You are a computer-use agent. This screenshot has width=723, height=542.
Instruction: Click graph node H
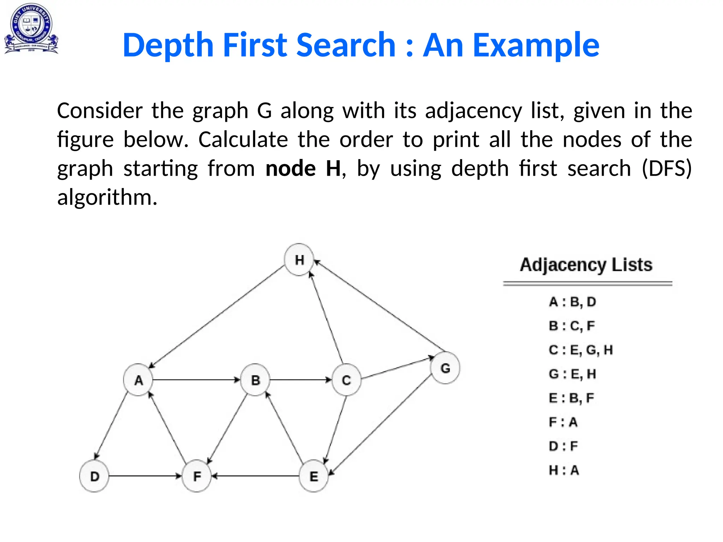(299, 260)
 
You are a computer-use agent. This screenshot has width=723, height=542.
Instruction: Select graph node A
(138, 380)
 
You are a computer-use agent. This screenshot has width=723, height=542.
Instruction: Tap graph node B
(255, 380)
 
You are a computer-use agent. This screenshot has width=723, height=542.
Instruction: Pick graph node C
(346, 380)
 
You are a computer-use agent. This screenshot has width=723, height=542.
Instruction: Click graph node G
(445, 368)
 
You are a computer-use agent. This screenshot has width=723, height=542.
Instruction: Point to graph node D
(94, 476)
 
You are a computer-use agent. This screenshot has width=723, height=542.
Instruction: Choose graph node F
(197, 476)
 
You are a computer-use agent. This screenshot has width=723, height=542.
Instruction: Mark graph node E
(313, 476)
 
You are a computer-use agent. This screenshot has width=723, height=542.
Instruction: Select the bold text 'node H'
(303, 168)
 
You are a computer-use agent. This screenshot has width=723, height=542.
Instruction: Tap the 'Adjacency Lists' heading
(586, 265)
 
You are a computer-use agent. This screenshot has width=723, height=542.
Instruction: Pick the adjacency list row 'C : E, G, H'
(581, 350)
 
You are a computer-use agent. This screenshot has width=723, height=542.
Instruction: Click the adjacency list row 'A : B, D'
(572, 302)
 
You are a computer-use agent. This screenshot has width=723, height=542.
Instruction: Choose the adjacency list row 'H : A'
(564, 470)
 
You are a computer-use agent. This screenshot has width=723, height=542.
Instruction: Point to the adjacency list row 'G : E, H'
(572, 374)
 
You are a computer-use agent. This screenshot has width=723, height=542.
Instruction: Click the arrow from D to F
(145, 476)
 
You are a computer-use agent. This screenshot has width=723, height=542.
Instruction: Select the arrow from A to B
(196, 380)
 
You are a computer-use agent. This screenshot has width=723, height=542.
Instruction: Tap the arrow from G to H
(380, 306)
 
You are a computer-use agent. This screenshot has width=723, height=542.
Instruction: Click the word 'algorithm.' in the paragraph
(107, 197)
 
